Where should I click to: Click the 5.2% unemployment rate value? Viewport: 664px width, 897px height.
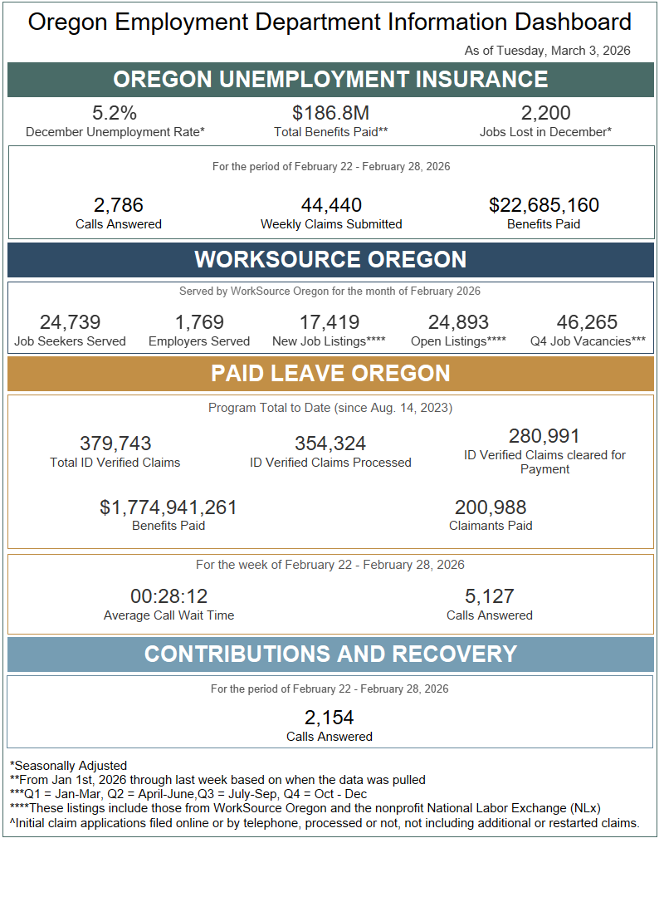(115, 113)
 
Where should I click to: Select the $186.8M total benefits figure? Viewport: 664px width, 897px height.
(330, 113)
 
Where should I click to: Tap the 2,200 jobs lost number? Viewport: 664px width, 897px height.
(545, 113)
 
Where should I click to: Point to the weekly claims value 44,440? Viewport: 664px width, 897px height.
(330, 205)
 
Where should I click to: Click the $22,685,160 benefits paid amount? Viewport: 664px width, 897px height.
(544, 205)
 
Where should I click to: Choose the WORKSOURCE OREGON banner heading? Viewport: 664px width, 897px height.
(330, 259)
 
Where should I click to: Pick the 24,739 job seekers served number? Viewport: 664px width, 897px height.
(70, 322)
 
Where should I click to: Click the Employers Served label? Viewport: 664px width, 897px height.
(199, 341)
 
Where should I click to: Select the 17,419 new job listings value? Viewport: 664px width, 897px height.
(329, 322)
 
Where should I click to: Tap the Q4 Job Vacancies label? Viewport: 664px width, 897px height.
(588, 341)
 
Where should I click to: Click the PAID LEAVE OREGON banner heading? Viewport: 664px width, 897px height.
(330, 373)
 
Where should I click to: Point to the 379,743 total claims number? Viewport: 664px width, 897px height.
(115, 444)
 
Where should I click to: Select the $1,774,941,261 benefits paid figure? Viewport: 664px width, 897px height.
(168, 507)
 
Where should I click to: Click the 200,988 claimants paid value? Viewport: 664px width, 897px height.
(491, 507)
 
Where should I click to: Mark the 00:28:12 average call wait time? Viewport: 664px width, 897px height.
(168, 596)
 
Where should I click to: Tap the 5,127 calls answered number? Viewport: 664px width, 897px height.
(490, 596)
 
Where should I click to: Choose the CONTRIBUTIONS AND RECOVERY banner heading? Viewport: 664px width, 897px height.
(330, 654)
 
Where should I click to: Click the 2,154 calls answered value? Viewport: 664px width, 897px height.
(330, 718)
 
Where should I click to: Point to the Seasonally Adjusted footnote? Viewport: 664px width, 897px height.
(69, 766)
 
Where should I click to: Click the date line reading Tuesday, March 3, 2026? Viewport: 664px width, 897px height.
(548, 51)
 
